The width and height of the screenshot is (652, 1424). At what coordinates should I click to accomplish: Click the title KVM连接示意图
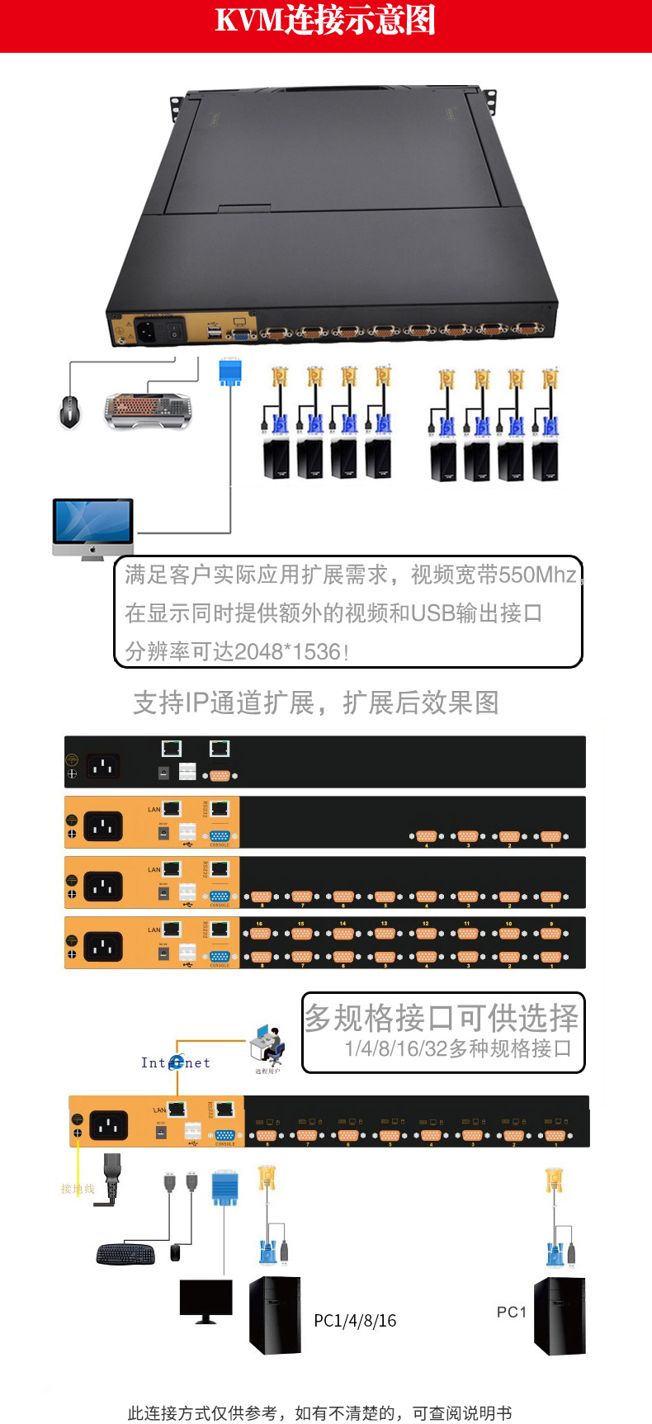click(325, 21)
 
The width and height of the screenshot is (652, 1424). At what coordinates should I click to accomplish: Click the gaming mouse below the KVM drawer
click(70, 410)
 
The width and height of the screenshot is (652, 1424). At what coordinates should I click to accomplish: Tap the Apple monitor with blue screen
click(92, 527)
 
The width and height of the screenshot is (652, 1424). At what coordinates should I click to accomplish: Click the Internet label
click(175, 1062)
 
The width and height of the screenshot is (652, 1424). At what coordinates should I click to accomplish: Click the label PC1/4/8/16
click(355, 1321)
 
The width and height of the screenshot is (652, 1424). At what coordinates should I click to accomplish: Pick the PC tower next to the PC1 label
click(559, 1316)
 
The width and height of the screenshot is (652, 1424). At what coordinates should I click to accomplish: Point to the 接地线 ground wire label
click(78, 1189)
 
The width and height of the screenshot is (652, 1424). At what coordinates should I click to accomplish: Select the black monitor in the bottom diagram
click(206, 1300)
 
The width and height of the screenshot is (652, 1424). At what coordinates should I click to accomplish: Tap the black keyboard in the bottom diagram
click(125, 1254)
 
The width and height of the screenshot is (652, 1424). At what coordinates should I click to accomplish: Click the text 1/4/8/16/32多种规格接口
click(458, 1048)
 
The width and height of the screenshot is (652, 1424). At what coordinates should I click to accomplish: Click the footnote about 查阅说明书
click(319, 1412)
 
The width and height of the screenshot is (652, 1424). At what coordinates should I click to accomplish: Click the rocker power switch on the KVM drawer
click(175, 332)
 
